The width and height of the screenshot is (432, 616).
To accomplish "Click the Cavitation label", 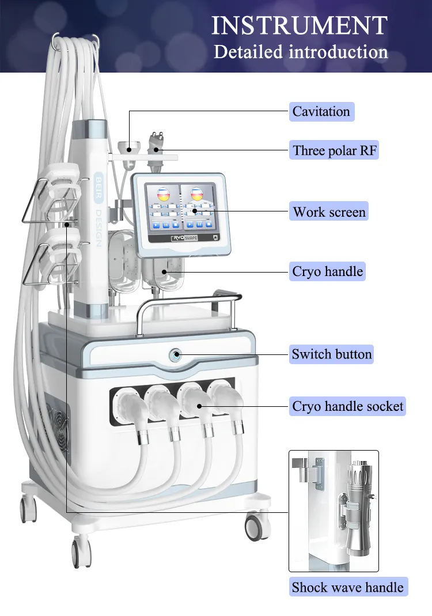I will pos(321,111).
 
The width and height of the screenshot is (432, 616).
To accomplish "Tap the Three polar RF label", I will pos(334,150).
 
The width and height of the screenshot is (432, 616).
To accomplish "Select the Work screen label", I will pos(329,211).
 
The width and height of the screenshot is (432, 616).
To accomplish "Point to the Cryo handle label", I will pos(327,271).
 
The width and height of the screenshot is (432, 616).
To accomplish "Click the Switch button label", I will pos(331,354).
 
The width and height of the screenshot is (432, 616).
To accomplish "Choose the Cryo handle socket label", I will pos(347,406).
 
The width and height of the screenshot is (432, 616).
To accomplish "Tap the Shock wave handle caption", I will pos(347,587).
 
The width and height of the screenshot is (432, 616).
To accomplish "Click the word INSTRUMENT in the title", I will pos(300,26).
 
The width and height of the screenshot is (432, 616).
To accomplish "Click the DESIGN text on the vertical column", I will pos(98,228).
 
